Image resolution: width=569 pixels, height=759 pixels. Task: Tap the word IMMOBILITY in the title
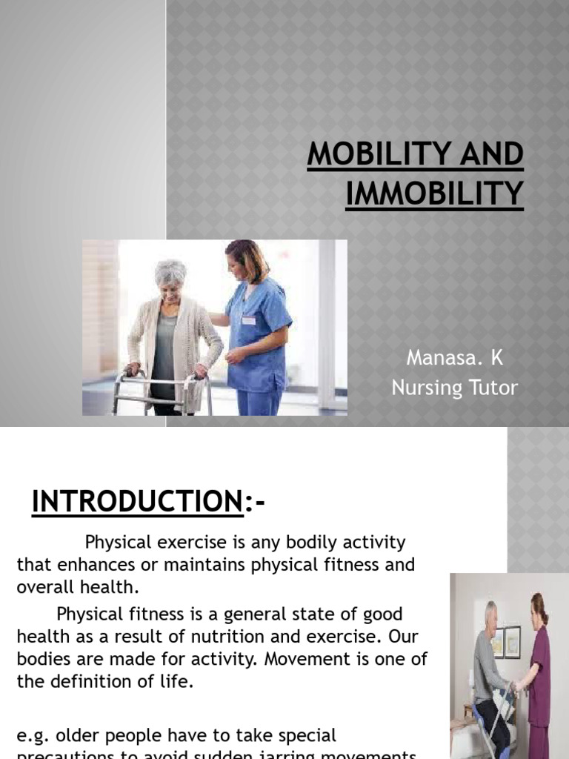tap(434, 193)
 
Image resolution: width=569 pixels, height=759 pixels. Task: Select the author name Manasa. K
tap(454, 357)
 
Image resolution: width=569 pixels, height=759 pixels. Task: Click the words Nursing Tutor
tap(454, 387)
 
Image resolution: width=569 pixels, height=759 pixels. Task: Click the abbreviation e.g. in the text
tap(33, 735)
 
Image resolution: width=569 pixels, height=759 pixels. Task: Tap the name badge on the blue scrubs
tap(248, 320)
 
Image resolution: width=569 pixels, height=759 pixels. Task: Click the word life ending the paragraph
tap(178, 682)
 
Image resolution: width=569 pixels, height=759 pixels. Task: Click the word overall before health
tap(47, 587)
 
